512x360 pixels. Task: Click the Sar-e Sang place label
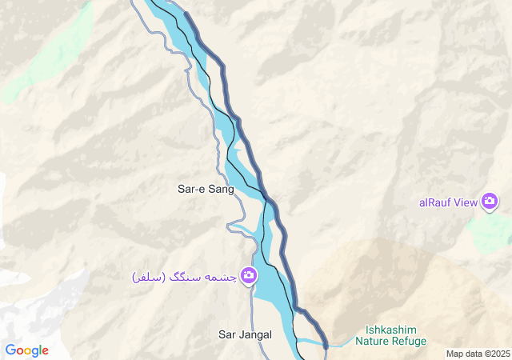tap(206, 190)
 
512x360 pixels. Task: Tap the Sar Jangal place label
tap(246, 334)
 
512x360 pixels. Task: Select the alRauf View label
tap(448, 202)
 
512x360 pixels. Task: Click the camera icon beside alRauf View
tap(490, 202)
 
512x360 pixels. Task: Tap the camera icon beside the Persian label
tap(249, 276)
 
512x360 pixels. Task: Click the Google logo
tap(26, 350)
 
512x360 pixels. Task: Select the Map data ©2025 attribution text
tap(478, 354)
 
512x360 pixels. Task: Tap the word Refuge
tap(408, 342)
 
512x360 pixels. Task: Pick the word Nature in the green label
tap(372, 342)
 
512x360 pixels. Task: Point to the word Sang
tap(220, 190)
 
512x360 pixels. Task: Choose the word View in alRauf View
tap(466, 202)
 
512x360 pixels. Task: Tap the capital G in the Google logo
tap(10, 350)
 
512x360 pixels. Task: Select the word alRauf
tap(435, 202)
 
